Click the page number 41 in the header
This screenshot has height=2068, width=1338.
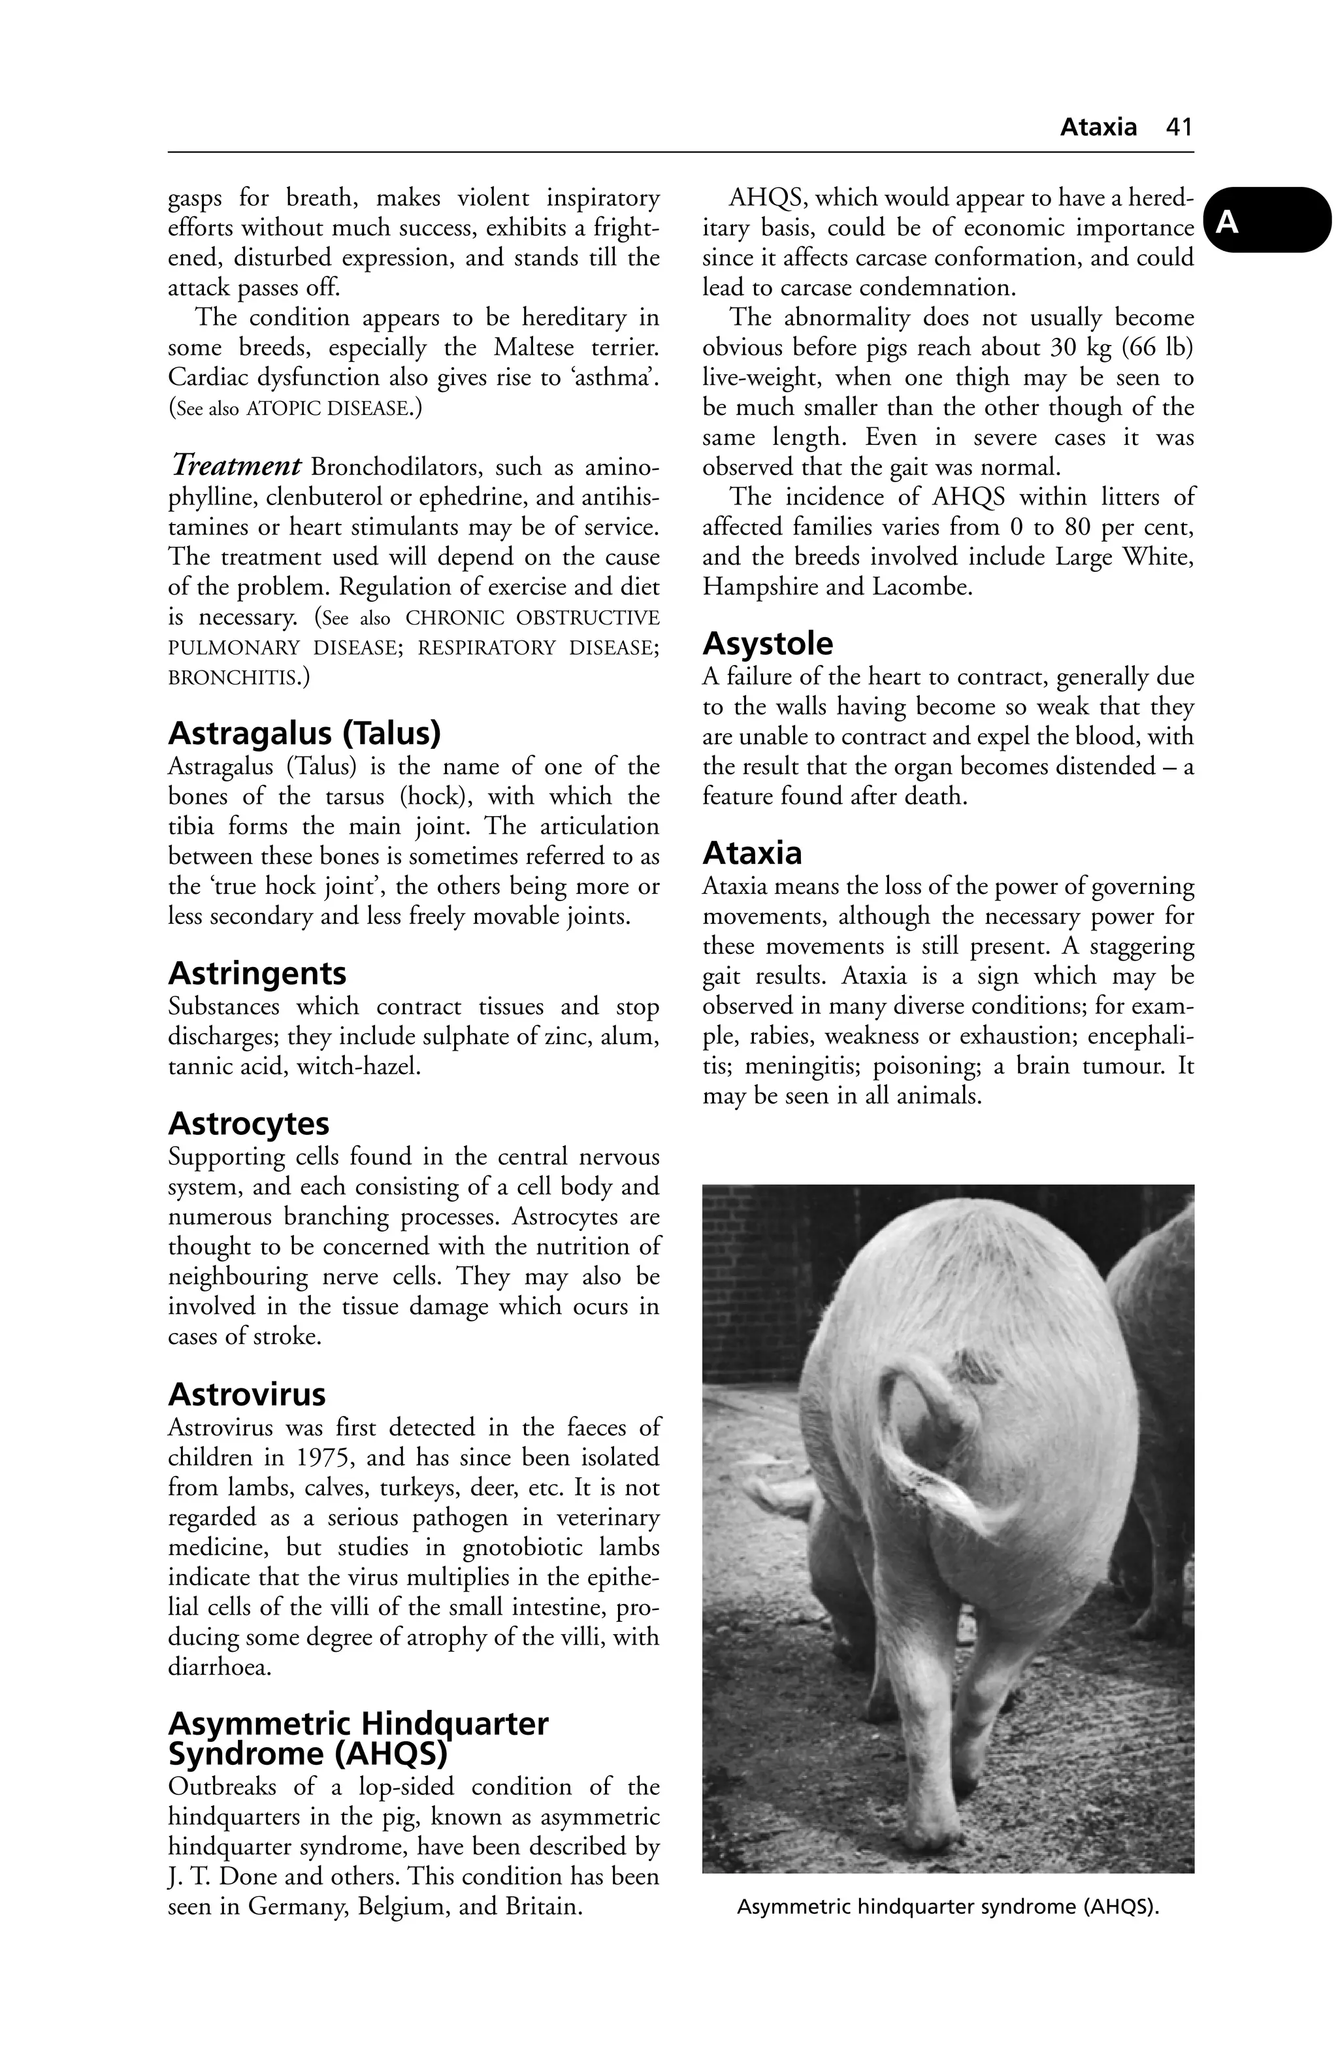(x=1179, y=127)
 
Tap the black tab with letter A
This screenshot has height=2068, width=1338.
(x=1269, y=222)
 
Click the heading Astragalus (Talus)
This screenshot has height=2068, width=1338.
(x=304, y=734)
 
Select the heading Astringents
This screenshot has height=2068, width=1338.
(x=257, y=973)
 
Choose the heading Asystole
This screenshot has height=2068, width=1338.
(x=767, y=644)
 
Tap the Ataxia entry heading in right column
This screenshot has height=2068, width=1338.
(x=751, y=853)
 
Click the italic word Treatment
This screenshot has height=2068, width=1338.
(x=235, y=467)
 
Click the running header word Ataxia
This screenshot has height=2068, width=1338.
(x=1098, y=127)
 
